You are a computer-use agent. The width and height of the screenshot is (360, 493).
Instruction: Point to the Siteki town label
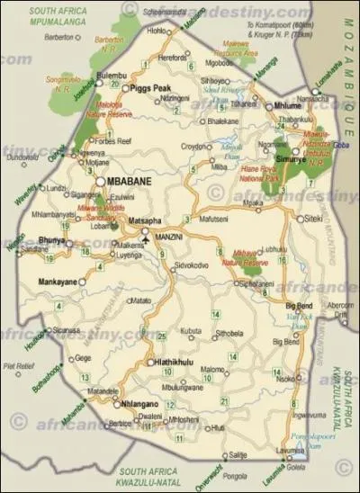pyautogui.click(x=312, y=218)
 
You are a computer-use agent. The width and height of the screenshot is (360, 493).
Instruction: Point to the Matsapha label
pyautogui.click(x=145, y=219)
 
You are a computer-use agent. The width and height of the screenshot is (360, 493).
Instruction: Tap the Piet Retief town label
pyautogui.click(x=18, y=365)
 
